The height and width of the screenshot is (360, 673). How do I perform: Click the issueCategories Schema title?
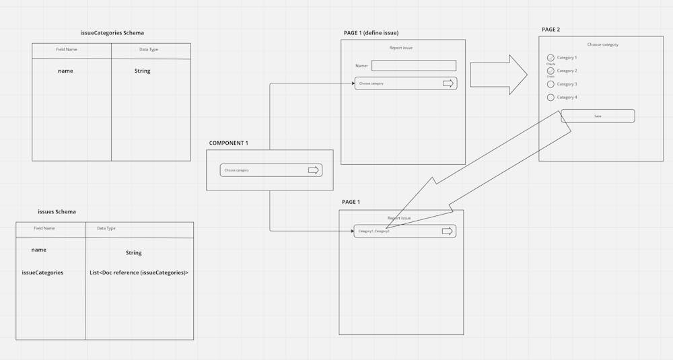[x=111, y=32]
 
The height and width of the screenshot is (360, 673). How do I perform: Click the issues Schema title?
[x=57, y=211]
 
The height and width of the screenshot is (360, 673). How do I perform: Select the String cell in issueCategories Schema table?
[x=142, y=71]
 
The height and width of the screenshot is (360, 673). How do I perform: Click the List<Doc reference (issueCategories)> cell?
[x=139, y=273]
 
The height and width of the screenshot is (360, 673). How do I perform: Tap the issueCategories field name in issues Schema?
[x=42, y=273]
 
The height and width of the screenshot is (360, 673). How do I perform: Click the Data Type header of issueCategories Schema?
[x=149, y=49]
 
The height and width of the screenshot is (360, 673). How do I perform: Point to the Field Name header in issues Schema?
[x=44, y=228]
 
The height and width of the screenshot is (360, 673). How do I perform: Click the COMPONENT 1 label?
[x=228, y=143]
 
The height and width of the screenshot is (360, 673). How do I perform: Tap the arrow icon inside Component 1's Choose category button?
[x=314, y=170]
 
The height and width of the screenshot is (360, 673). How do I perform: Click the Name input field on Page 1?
[x=413, y=66]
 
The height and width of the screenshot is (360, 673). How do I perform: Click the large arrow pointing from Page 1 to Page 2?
[x=499, y=75]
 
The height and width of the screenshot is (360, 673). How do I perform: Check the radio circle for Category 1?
[x=551, y=58]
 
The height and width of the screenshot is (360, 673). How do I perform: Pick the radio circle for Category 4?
[x=551, y=98]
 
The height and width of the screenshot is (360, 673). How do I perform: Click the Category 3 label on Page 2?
[x=567, y=84]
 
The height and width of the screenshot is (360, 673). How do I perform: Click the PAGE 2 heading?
[x=551, y=30]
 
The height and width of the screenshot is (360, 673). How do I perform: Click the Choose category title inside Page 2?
[x=602, y=44]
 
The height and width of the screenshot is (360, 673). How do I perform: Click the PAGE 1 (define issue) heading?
[x=376, y=33]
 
